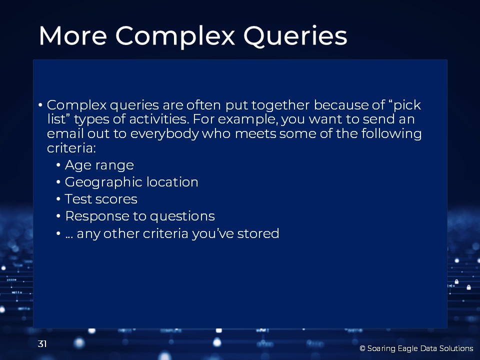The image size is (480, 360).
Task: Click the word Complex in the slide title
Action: click(175, 36)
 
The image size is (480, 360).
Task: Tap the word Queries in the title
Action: click(295, 36)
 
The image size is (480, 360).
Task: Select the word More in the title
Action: click(73, 36)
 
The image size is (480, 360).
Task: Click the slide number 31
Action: click(42, 344)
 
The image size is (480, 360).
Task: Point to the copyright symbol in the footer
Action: click(362, 348)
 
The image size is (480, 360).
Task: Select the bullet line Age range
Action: click(99, 165)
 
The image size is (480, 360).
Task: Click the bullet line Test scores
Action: click(101, 199)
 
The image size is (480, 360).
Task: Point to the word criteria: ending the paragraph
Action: click(71, 148)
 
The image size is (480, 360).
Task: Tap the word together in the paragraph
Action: click(280, 105)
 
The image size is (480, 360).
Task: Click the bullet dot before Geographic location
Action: click(58, 182)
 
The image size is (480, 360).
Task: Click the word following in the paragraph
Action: click(391, 134)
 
